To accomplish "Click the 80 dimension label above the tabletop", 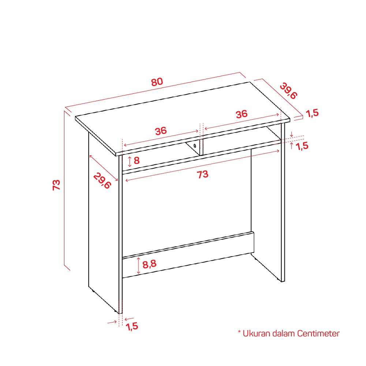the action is (157, 82).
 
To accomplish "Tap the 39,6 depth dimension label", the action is (288, 91).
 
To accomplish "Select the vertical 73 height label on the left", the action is (56, 185).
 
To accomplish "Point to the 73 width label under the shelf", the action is (202, 174).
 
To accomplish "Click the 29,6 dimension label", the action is (102, 181).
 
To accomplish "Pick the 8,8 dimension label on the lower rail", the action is (149, 264).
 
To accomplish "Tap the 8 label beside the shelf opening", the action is (137, 160).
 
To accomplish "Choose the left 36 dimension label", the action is (161, 131).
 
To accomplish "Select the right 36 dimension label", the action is (241, 114).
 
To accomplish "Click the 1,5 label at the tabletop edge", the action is (312, 113).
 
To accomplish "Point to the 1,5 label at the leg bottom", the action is (132, 326).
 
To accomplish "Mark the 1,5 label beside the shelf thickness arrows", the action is (302, 146).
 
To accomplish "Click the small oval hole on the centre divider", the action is (195, 146).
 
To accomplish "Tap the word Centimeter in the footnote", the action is (318, 333).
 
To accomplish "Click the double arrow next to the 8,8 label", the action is (138, 265).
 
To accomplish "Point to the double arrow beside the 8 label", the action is (130, 161).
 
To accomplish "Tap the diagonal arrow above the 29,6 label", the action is (104, 168).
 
